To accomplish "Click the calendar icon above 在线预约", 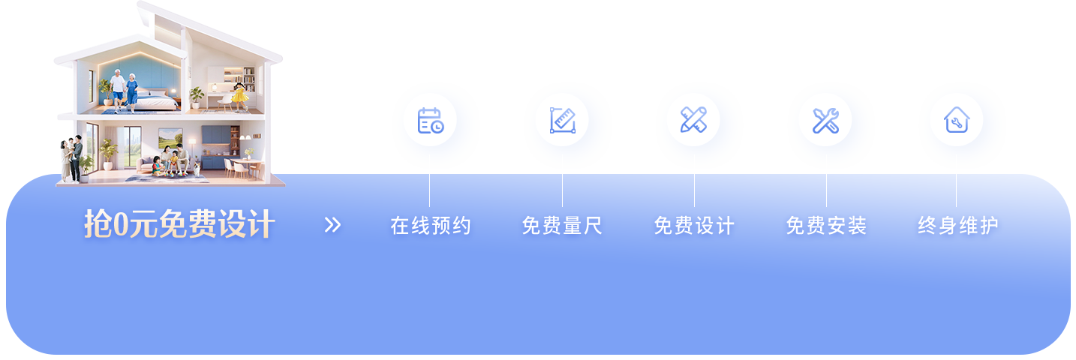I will tap(430, 120).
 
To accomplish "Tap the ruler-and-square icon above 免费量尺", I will tap(562, 120).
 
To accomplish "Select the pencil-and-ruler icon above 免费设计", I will tap(693, 120).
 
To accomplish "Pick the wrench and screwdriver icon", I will tap(825, 120).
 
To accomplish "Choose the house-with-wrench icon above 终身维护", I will tap(956, 120).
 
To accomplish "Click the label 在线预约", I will tap(431, 226).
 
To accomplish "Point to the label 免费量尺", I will tap(562, 226).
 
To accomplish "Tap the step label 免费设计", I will tap(694, 226).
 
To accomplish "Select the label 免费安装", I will tap(826, 226).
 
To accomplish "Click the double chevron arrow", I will tap(332, 225).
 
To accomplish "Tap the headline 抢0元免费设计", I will tap(179, 224).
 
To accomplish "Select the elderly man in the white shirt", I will tap(118, 89).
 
